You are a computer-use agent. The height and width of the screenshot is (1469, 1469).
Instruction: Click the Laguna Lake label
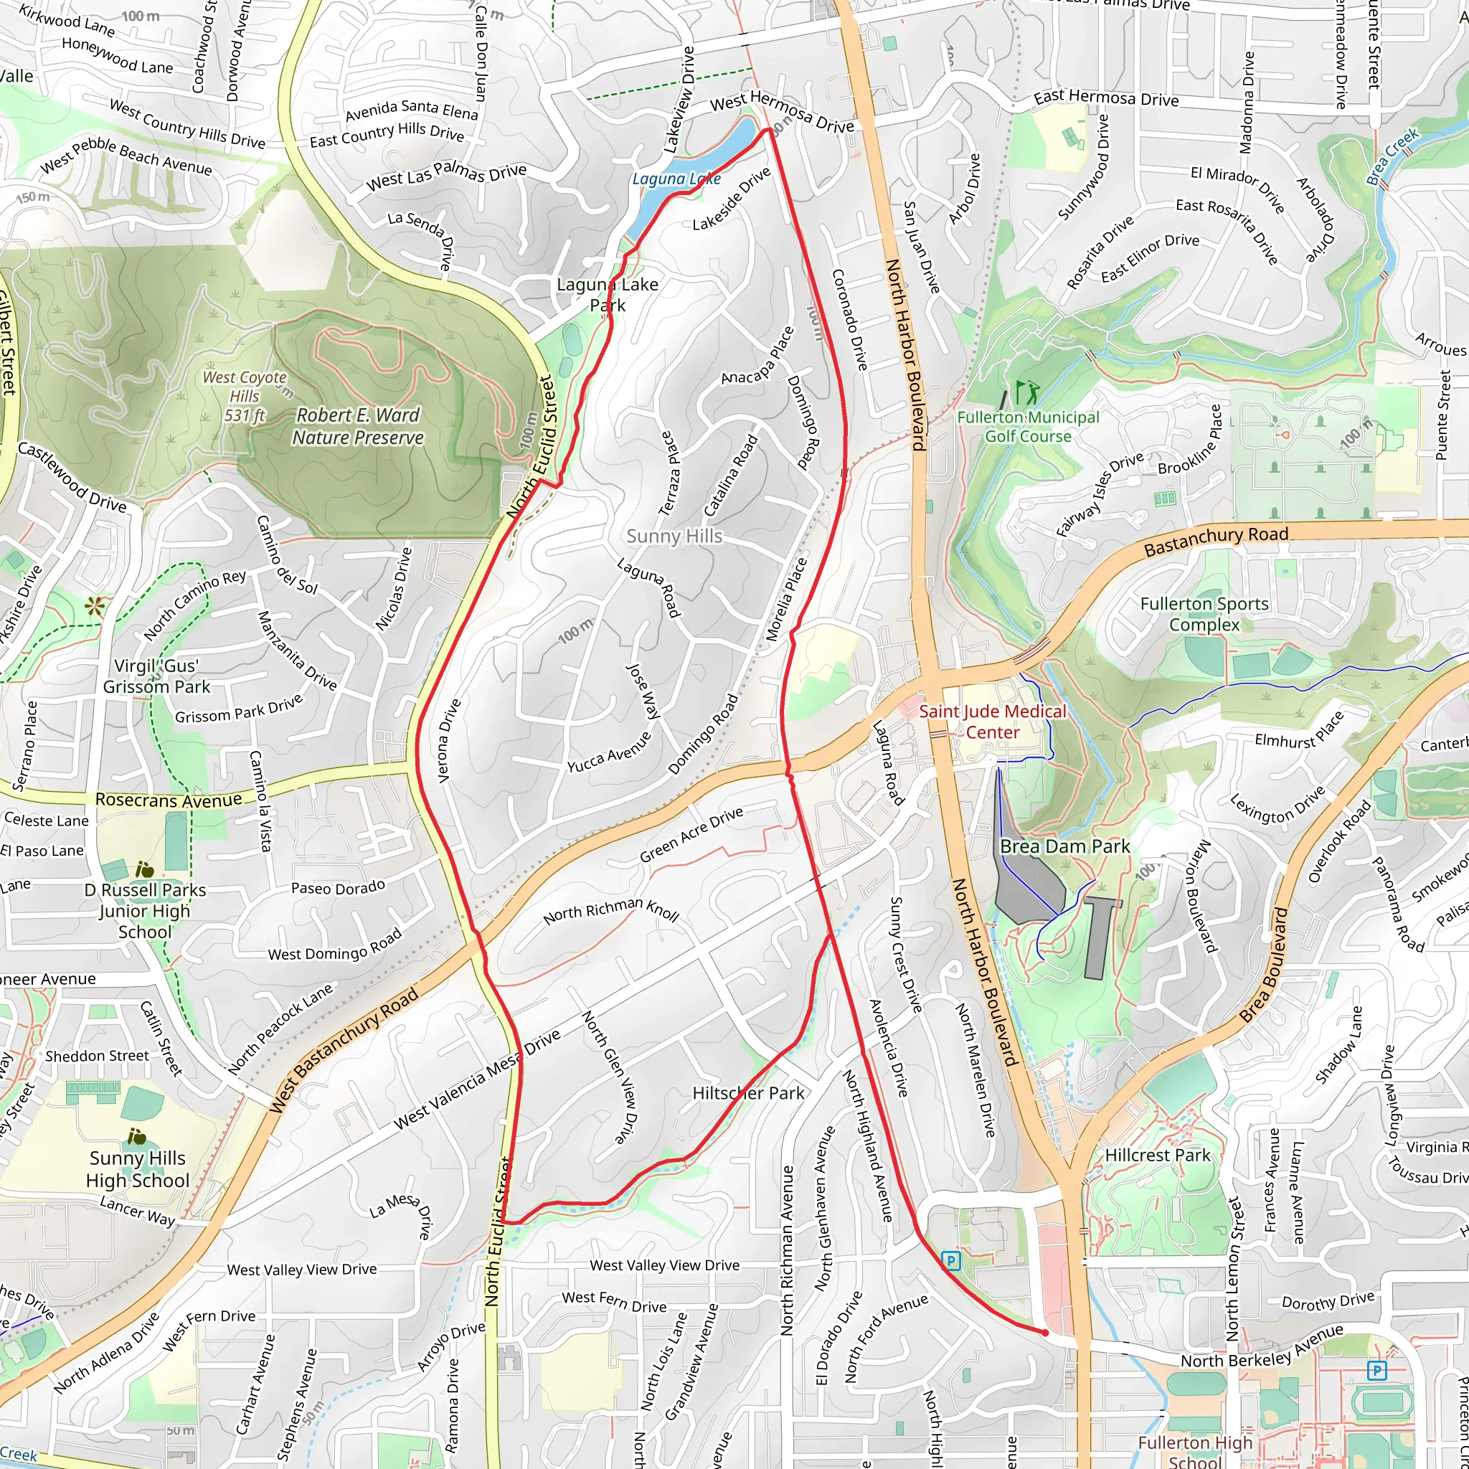click(676, 179)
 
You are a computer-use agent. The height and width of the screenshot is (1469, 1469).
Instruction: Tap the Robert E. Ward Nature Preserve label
click(357, 427)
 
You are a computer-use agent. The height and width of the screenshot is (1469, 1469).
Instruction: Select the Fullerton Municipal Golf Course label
click(1028, 427)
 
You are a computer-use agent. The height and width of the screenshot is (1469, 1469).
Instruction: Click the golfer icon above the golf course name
click(1027, 393)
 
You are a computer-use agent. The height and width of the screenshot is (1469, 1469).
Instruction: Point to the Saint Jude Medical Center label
click(992, 722)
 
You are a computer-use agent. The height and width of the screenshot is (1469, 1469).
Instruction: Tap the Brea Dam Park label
click(1064, 846)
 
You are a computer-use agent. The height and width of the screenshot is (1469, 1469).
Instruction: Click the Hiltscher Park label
click(748, 1092)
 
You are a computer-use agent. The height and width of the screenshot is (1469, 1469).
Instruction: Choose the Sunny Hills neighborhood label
click(674, 536)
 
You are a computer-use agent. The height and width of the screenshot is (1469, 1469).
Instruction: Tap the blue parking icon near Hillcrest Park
click(950, 1261)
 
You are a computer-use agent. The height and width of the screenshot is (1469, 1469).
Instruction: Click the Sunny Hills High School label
click(138, 1168)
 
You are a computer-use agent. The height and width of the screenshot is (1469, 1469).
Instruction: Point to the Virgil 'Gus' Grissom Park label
click(156, 676)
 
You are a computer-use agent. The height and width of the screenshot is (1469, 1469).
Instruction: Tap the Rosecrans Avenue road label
click(169, 800)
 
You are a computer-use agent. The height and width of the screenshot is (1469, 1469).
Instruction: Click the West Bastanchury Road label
click(344, 1051)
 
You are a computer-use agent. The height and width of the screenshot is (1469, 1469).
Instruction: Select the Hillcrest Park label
click(1157, 1155)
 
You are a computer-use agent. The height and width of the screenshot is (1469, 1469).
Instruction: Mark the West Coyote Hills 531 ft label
click(245, 395)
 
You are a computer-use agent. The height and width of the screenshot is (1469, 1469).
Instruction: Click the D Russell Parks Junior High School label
click(144, 910)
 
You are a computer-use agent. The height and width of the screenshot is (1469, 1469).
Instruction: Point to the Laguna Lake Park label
click(608, 294)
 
